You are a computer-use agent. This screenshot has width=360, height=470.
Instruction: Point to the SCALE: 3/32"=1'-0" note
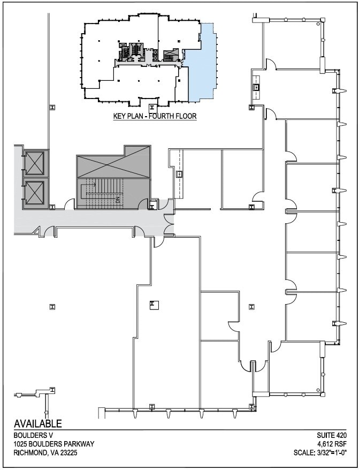coord(321,453)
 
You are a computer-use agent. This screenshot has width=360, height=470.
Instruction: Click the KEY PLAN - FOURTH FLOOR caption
coord(155,116)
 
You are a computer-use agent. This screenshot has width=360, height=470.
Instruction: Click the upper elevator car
coord(36,162)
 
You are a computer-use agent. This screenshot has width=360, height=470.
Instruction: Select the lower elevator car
coord(36,191)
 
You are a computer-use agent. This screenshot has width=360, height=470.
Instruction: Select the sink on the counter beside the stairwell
coord(180,174)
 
